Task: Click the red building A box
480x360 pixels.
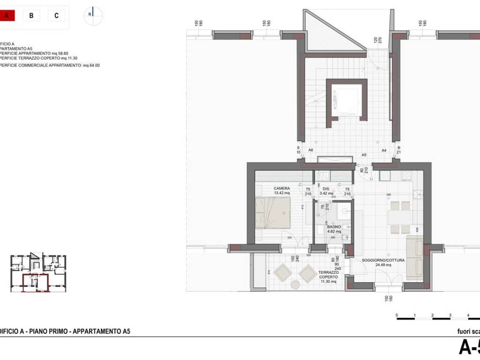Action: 7,15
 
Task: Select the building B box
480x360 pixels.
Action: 31,15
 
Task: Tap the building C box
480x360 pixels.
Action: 56,15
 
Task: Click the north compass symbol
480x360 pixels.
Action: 93,15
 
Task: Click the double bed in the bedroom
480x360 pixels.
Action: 273,212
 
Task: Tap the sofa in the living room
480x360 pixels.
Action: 414,257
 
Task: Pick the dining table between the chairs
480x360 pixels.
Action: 400,217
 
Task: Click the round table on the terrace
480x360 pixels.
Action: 296,285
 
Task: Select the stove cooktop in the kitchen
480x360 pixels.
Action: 405,176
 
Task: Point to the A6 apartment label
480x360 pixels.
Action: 310,150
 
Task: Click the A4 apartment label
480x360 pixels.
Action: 383,150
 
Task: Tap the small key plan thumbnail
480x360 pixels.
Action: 38,273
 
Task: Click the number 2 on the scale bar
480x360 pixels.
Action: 432,315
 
